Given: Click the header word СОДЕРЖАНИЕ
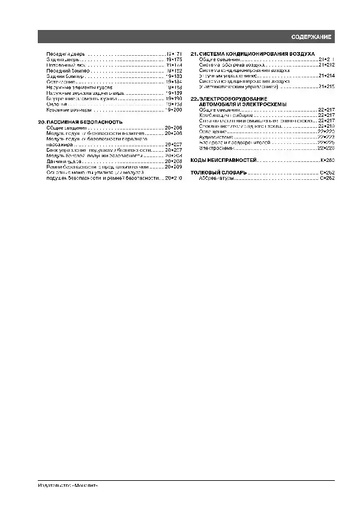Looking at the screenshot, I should click(311, 37).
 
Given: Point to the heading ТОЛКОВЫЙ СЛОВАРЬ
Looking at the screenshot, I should click(218, 173).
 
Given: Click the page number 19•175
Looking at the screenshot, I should click(174, 60).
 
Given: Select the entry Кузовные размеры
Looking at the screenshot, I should click(69, 110).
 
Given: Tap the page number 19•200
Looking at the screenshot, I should click(174, 110).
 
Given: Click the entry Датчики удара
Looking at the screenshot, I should click(64, 162).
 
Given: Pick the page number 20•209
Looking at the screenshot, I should click(173, 167).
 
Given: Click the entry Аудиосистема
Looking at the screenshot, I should click(215, 137).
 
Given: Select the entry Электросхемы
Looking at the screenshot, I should click(215, 147).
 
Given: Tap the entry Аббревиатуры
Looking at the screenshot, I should click(216, 178).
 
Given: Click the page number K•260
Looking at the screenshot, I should click(326, 161).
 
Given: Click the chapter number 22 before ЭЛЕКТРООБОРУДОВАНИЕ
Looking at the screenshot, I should click(193, 98).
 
